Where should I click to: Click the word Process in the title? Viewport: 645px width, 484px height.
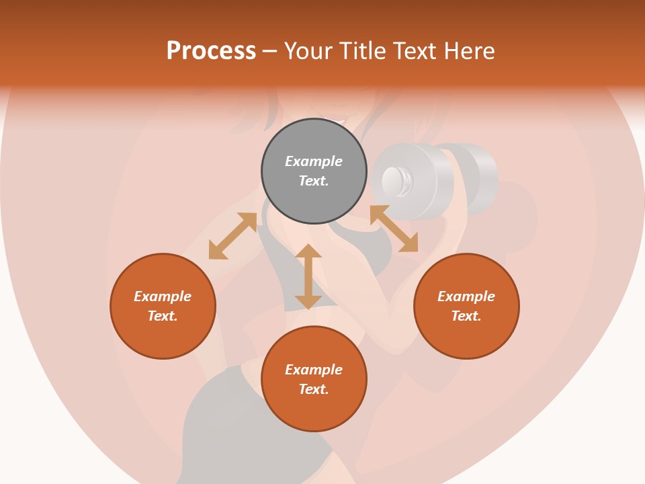211,50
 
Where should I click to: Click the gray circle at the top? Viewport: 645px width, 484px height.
314,171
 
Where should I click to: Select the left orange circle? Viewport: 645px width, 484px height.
163,306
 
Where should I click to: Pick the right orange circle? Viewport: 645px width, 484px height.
466,306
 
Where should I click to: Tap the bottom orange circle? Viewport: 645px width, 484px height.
314,379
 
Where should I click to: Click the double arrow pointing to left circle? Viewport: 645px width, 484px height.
232,235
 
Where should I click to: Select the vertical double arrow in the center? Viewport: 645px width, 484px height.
308,276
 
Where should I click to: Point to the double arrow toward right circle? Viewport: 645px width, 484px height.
394,229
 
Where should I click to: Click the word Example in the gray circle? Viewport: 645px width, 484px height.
314,161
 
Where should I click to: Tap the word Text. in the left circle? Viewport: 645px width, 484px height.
163,316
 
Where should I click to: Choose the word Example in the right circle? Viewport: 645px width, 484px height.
466,296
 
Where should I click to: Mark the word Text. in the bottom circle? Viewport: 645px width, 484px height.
314,389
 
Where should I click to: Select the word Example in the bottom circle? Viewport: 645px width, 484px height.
314,370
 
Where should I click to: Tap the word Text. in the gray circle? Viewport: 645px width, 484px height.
314,181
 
